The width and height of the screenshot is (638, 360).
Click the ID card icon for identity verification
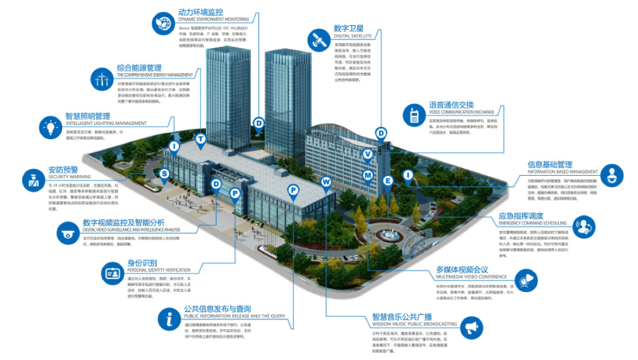114,274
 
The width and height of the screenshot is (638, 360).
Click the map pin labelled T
201,139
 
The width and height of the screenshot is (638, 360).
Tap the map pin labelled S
164,173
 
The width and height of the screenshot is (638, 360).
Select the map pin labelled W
326,182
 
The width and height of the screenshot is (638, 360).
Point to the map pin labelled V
367,154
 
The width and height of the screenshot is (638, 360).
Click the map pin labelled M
368,175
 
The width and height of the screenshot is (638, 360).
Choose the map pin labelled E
388,180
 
